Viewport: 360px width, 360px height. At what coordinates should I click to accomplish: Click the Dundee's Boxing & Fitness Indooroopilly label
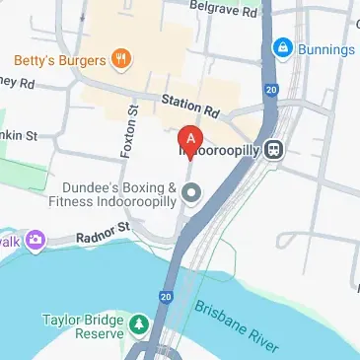tap(119, 195)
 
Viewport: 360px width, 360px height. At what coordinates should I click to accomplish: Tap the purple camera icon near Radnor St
tap(36, 239)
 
